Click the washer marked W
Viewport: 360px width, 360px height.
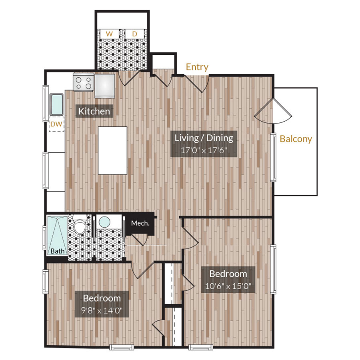coord(109,34)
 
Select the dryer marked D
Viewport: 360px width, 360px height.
coord(134,34)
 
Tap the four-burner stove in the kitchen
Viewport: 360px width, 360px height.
coord(84,83)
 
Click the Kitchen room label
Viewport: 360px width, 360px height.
coord(94,111)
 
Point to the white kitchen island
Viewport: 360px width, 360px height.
coord(113,150)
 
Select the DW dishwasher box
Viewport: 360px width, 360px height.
coord(56,124)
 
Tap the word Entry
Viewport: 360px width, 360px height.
coord(197,67)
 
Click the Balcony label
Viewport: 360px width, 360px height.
coord(296,139)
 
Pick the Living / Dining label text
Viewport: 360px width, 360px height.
coord(204,138)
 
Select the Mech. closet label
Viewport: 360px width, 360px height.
coord(140,223)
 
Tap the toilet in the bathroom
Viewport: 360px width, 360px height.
coord(80,227)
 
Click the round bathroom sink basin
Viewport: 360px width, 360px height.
coord(104,222)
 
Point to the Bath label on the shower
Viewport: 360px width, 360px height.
coord(57,251)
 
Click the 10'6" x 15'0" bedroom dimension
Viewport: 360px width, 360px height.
coord(228,286)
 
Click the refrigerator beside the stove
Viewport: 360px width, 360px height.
coord(105,85)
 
